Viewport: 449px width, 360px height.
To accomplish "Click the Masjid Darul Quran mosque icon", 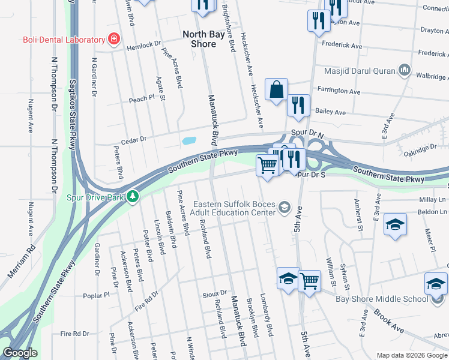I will pos(404,71).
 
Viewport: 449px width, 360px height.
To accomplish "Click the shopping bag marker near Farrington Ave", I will pos(276,90).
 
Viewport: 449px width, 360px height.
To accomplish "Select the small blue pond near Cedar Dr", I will pos(188,142).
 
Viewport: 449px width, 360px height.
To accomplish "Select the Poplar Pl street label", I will pos(98,295).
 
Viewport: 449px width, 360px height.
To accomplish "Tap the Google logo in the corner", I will pos(20,353).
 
